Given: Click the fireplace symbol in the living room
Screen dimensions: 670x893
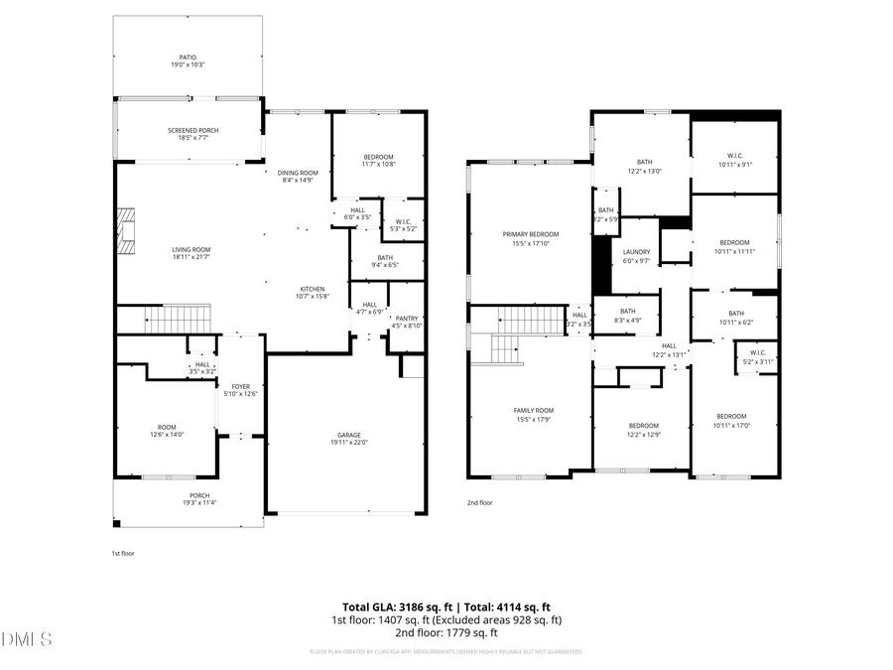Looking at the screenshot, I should coord(124,231).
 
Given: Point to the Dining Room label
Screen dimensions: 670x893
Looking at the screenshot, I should coord(297,176).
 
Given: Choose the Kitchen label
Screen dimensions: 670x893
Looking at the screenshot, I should coord(313,292).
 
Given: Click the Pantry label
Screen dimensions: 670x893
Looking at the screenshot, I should coord(408,321).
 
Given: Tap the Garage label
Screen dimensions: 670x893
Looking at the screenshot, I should coord(348,438).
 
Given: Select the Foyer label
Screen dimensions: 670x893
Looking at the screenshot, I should coord(240,390).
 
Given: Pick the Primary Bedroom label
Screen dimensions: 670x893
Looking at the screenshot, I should coord(525,238).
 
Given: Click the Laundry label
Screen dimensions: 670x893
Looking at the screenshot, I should coord(636,256).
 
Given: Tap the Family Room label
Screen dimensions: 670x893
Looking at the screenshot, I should coord(533,414).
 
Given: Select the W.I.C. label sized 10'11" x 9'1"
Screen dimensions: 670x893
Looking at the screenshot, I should coord(735,159).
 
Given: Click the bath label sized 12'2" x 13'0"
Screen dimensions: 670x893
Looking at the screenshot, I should coord(644,166).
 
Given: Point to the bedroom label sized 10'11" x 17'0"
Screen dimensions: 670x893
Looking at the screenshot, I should coord(732,420).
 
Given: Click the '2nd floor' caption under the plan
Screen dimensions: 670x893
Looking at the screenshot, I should coord(479,503).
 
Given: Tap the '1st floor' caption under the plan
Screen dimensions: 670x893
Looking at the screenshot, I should coord(123,553).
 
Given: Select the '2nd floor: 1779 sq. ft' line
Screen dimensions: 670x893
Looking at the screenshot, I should coord(446,632).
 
